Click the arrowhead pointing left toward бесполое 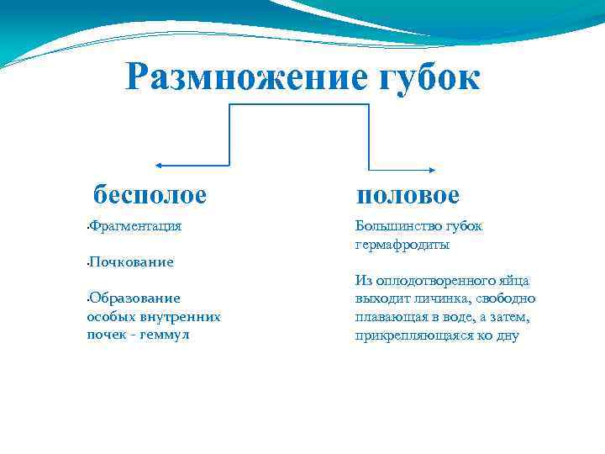[160, 165]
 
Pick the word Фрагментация [136, 226]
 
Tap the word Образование [134, 298]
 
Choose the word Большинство [397, 226]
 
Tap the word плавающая [393, 317]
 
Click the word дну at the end [508, 335]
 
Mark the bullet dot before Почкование [87, 263]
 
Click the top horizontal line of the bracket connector [299, 104]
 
